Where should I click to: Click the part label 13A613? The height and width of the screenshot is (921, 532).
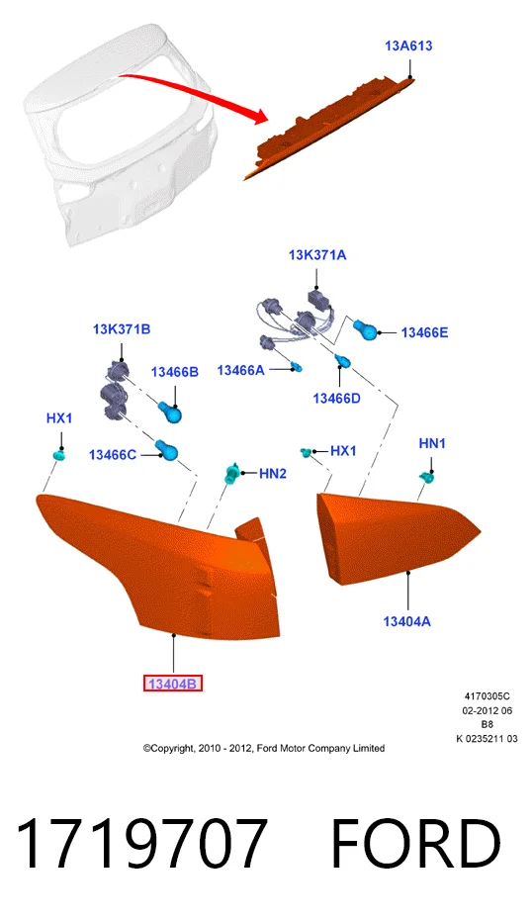[408, 46]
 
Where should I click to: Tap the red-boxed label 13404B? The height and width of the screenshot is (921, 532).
[173, 684]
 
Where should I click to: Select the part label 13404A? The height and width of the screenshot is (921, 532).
[407, 621]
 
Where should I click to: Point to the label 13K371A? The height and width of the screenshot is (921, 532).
[317, 255]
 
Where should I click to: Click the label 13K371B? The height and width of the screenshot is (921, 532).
[122, 328]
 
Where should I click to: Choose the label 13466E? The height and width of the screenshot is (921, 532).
[424, 333]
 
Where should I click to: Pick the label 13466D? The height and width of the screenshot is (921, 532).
[336, 399]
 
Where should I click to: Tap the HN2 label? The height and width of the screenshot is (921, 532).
[273, 474]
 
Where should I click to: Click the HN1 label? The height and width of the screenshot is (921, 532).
[431, 443]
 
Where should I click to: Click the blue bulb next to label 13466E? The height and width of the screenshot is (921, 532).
[365, 330]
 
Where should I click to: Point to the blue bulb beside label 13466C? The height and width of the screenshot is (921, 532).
[167, 451]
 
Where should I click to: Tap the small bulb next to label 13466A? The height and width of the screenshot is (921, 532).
[298, 368]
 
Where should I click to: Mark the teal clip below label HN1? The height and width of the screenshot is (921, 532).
[427, 478]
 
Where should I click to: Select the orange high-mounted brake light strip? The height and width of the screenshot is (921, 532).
[329, 128]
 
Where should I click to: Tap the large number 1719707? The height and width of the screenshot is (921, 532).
[141, 844]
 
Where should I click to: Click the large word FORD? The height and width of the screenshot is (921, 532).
[415, 844]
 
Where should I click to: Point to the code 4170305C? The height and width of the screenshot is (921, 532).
[487, 697]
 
